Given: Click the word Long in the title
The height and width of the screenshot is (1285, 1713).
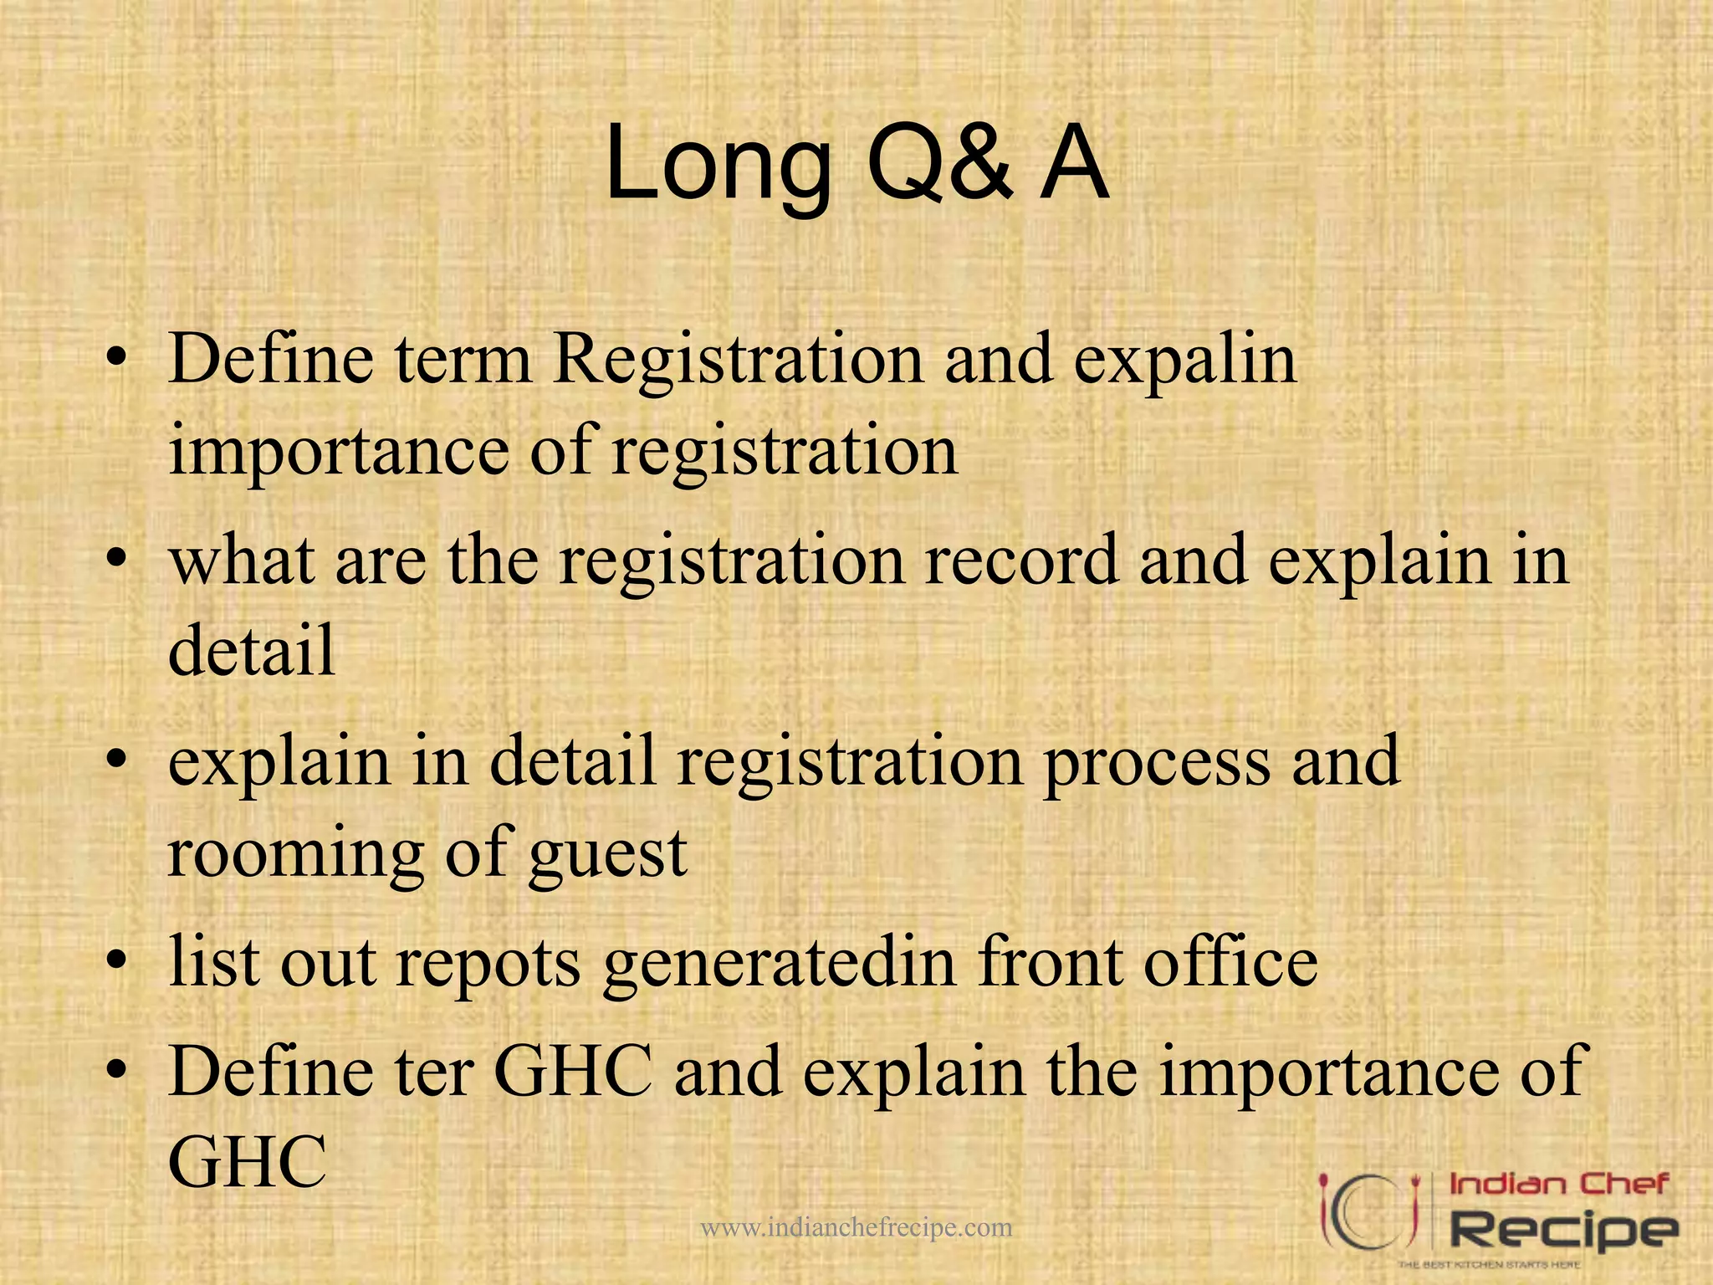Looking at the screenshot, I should [x=718, y=163].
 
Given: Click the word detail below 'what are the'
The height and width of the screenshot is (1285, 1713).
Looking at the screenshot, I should [x=252, y=650].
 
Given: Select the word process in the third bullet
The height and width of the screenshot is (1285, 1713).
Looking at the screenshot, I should [x=1157, y=762].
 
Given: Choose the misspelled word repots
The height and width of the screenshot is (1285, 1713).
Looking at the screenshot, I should [x=488, y=963].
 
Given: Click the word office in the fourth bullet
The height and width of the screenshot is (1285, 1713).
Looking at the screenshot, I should [x=1230, y=963].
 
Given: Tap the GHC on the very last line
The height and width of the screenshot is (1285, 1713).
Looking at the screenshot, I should [x=248, y=1163].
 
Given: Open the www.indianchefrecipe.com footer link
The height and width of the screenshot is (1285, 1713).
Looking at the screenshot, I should [x=856, y=1228].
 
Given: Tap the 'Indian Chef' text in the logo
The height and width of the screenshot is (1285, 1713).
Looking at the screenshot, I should [x=1558, y=1185].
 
